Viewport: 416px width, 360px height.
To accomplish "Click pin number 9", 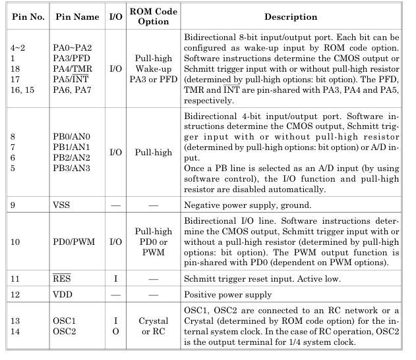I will (13, 224).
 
